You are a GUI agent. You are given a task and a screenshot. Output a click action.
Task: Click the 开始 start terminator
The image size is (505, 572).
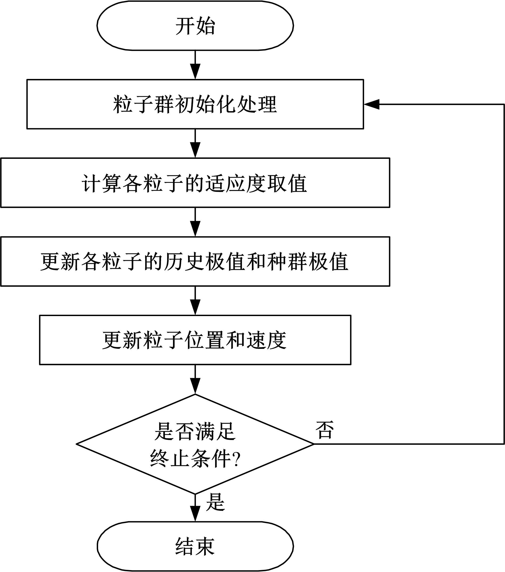(x=195, y=26)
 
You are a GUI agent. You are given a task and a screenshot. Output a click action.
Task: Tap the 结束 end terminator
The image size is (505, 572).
(x=195, y=546)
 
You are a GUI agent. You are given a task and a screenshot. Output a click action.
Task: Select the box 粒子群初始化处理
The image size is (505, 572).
(x=195, y=104)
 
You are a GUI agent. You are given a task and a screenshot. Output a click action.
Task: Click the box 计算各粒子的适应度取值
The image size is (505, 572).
(x=195, y=183)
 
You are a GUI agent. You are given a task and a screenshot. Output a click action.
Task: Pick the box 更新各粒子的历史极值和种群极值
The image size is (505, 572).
(x=195, y=261)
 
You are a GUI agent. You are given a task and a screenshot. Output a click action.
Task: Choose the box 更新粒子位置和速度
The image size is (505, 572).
(x=195, y=340)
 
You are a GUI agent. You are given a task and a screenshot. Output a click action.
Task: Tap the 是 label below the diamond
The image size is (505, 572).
(x=215, y=502)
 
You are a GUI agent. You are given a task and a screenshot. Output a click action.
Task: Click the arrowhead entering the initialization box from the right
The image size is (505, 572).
(x=371, y=104)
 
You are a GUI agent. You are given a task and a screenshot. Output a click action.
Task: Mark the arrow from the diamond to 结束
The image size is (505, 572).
(x=195, y=508)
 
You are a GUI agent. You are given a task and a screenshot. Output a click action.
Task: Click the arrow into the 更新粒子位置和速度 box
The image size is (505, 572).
(x=195, y=301)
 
